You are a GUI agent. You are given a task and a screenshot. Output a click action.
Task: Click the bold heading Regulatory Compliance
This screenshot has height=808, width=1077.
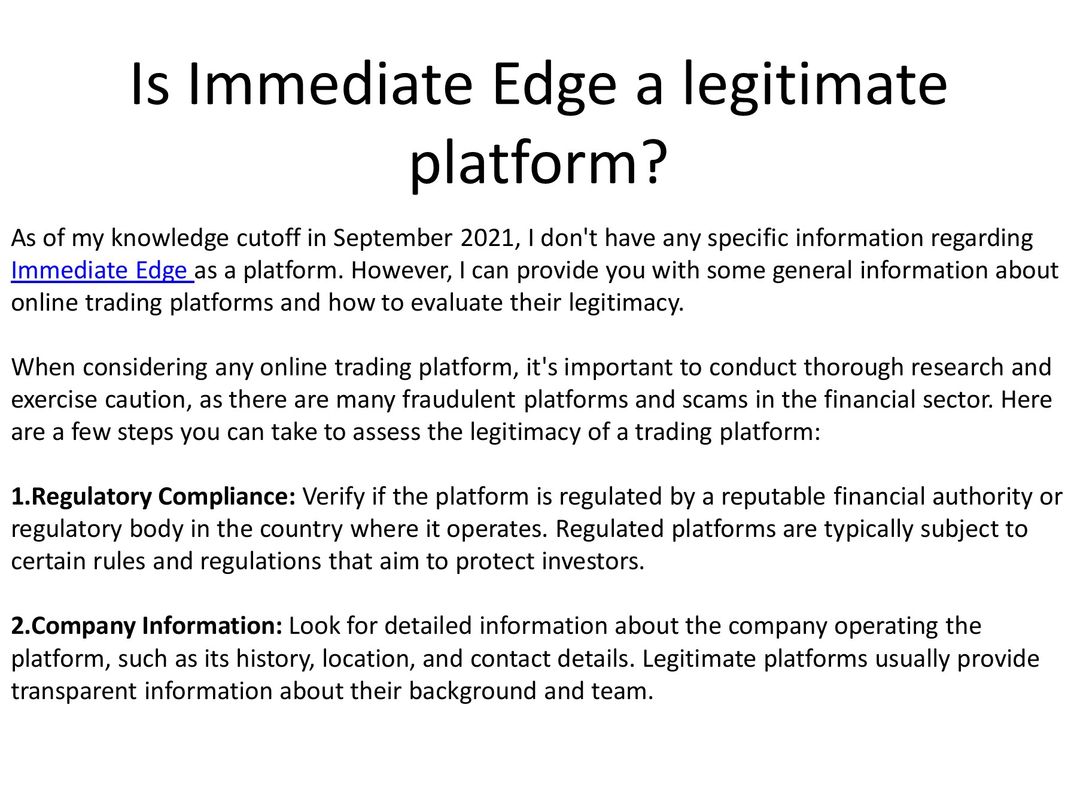click(153, 497)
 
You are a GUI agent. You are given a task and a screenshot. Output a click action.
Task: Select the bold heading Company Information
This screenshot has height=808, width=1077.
click(147, 626)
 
